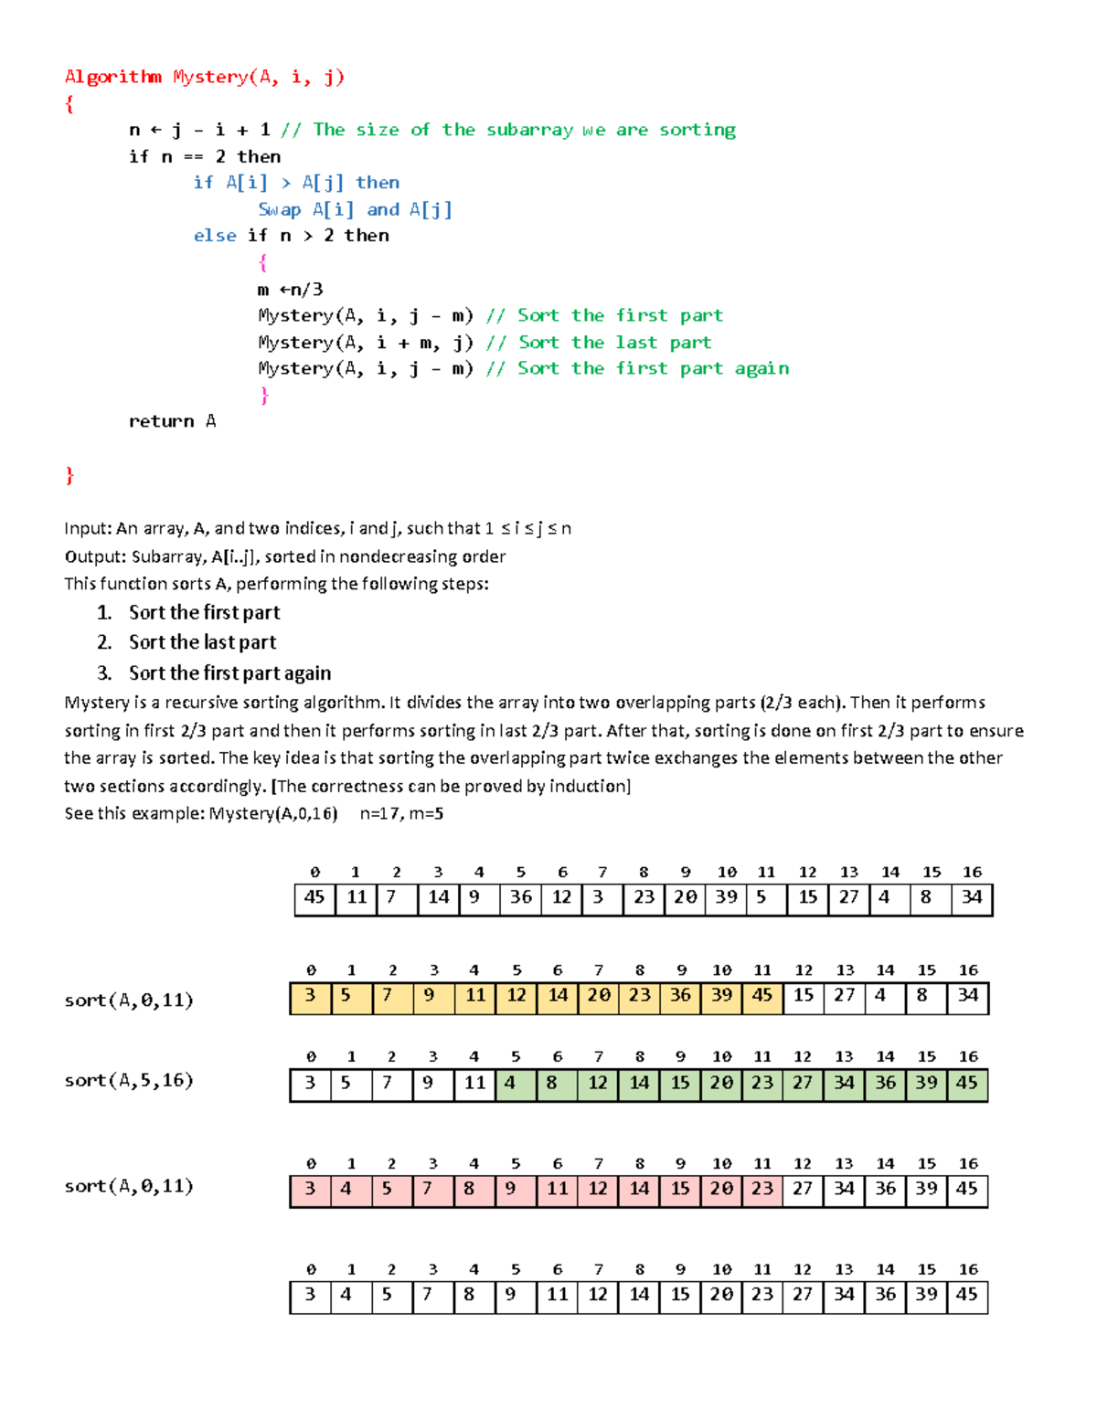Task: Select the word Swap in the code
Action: (x=279, y=210)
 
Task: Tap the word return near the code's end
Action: (x=161, y=421)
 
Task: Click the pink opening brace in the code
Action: (x=263, y=263)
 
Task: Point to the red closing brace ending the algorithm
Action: (x=69, y=475)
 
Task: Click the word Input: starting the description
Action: (x=88, y=528)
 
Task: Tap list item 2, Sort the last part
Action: (x=202, y=642)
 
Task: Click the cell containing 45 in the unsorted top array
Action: (x=314, y=898)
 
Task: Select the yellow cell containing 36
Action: (x=680, y=996)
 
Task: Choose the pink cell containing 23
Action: (x=762, y=1190)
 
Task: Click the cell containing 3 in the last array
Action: (x=310, y=1296)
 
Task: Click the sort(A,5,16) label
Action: (x=129, y=1081)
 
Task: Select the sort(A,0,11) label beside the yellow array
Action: (x=129, y=1001)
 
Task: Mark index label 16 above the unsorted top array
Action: (x=972, y=873)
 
